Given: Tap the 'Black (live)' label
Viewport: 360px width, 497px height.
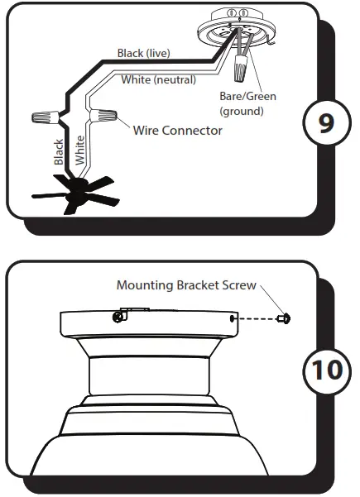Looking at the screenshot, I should coord(143,54).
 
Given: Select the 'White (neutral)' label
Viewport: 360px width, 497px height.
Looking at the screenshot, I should coord(159,80).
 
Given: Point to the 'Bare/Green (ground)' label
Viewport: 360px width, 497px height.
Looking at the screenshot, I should coord(247,103).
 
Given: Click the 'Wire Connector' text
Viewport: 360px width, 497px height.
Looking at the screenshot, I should coord(177,130).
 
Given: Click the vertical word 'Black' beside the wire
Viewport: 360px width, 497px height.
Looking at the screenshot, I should coord(59,152).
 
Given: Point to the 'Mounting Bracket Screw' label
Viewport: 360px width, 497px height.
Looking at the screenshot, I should coord(187,285).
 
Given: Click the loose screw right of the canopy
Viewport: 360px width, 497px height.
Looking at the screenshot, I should coord(284,318).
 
